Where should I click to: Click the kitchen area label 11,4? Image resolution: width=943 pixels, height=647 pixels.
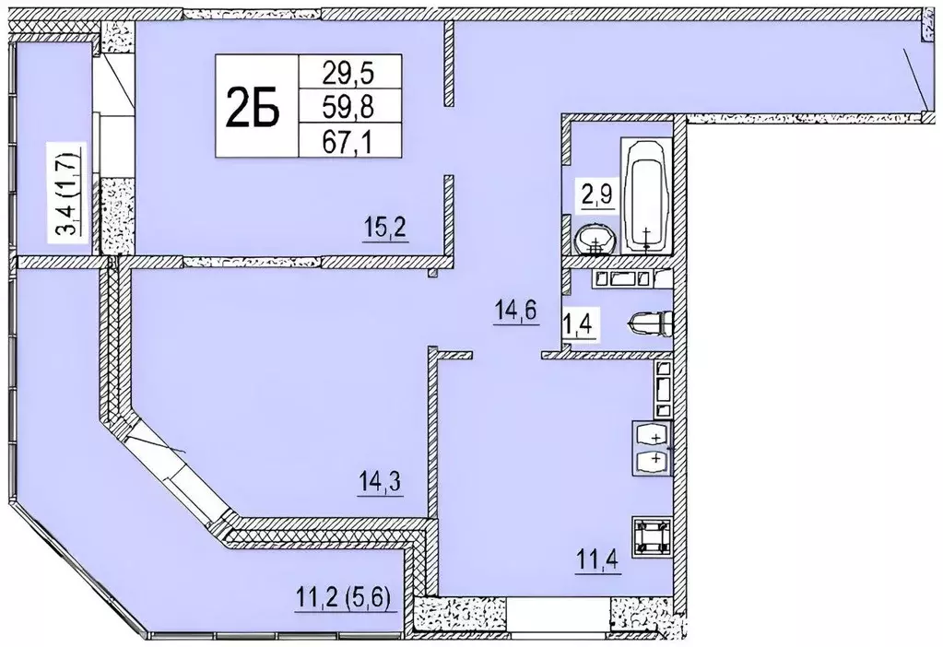click(x=596, y=559)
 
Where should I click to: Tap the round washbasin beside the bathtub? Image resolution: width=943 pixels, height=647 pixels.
click(x=595, y=241)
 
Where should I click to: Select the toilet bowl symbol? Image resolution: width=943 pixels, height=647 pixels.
click(x=653, y=323)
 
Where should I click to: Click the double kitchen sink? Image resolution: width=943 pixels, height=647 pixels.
click(x=653, y=447)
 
